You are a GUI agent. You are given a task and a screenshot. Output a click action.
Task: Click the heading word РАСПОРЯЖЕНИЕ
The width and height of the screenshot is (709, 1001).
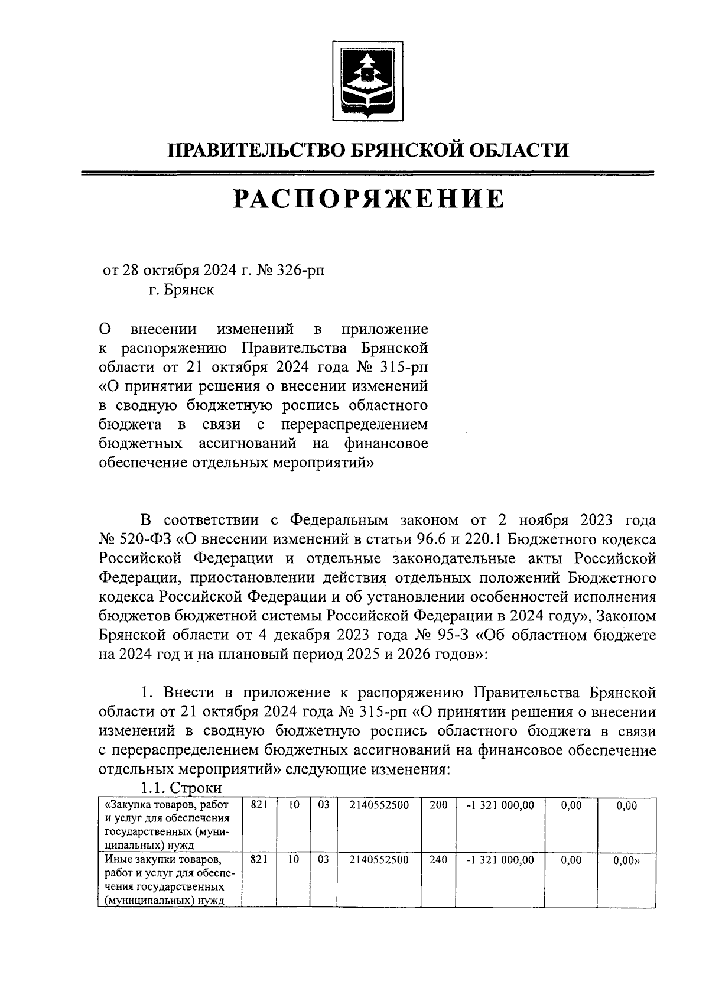coord(369,199)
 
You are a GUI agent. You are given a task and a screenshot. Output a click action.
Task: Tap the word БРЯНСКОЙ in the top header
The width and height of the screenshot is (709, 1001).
coord(403,150)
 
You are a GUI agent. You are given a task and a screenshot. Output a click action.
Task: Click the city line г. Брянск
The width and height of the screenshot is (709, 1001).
coord(181,290)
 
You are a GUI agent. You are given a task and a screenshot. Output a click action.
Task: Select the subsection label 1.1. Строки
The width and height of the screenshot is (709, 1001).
coord(181,788)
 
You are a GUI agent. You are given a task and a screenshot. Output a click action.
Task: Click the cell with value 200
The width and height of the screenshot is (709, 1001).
coord(438,805)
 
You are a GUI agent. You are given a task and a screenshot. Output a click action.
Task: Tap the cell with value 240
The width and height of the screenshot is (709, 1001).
coord(438,860)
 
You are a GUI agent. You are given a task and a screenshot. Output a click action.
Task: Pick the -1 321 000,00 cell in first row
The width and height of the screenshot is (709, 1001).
coord(500,805)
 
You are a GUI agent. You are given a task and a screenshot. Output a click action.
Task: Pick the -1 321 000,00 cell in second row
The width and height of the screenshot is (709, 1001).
coord(500,860)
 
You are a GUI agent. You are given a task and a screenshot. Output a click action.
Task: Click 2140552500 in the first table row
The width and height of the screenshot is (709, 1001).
coord(379,805)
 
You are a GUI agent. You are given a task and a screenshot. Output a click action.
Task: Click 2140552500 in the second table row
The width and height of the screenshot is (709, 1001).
coord(379,860)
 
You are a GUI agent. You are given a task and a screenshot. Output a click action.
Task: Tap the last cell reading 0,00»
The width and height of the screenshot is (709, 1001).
coord(627,861)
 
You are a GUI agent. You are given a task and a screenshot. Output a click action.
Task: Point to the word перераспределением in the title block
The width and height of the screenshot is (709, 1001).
coord(354,424)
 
